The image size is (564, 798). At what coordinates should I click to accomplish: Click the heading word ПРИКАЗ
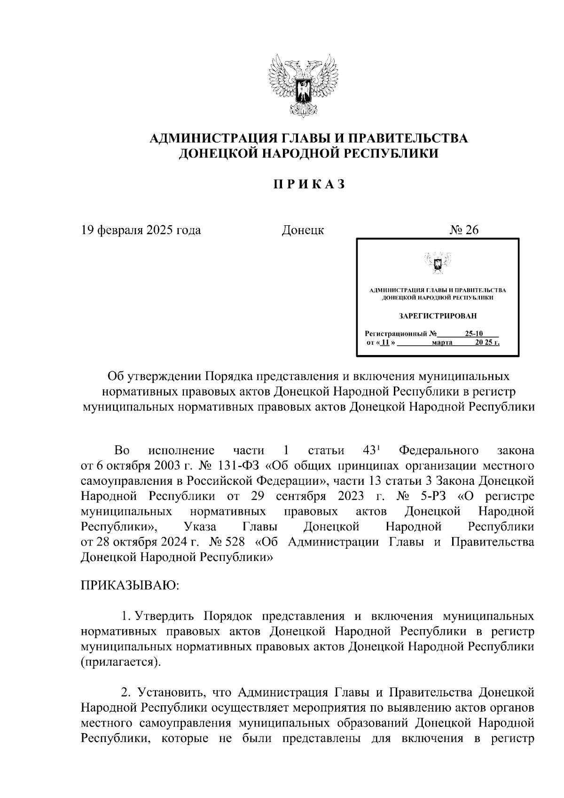(309, 184)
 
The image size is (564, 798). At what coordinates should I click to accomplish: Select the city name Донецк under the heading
(303, 230)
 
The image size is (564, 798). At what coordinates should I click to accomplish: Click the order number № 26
(464, 230)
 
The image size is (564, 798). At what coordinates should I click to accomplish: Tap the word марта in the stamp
(442, 342)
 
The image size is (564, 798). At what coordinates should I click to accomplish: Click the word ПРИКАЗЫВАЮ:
(129, 586)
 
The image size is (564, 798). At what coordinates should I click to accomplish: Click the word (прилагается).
(120, 662)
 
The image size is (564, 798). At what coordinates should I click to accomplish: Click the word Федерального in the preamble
(438, 450)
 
